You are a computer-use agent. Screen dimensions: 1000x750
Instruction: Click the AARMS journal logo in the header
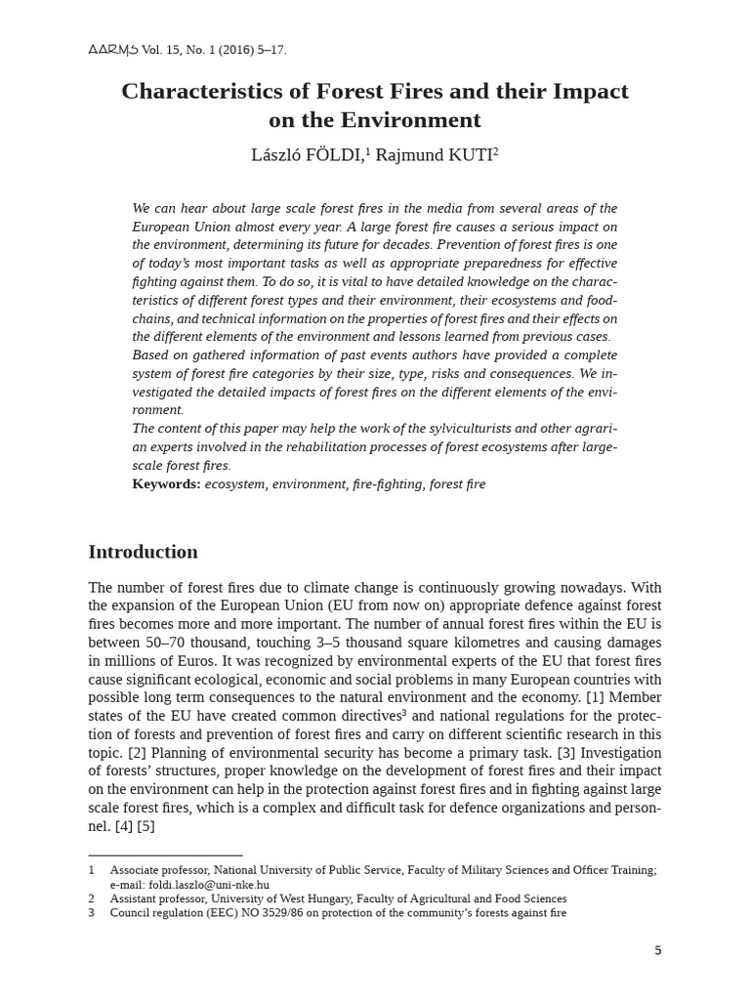pos(113,50)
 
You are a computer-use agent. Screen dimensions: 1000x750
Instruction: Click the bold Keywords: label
pos(166,484)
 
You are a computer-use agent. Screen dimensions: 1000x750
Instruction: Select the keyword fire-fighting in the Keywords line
pos(384,484)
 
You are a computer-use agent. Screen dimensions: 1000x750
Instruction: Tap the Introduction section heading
pos(143,552)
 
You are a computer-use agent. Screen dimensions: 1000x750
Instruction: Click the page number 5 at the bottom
pos(657,950)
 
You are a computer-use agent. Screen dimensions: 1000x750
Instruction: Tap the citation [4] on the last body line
pos(124,826)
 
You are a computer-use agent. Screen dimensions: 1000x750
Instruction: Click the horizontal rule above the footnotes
pos(165,855)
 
